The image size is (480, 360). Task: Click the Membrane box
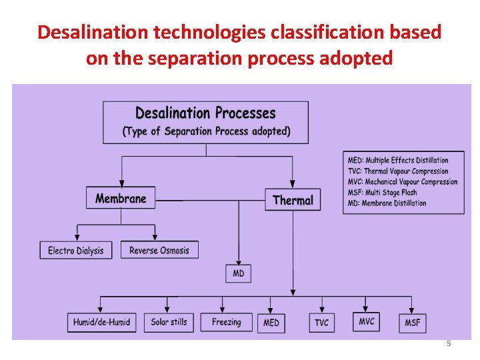[x=121, y=198]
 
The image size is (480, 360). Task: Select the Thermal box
[x=293, y=200]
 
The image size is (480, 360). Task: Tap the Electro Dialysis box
[x=76, y=251]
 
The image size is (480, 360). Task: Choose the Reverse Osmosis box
[x=159, y=251]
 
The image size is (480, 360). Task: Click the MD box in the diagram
[x=238, y=273]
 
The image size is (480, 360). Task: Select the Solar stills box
[x=169, y=322]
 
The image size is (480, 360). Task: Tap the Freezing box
[x=227, y=322]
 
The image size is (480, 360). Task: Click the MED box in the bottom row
[x=271, y=323]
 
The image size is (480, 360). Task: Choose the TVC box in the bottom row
[x=321, y=323]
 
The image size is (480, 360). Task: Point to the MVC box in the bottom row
[x=367, y=321]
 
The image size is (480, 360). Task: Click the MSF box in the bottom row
[x=413, y=323]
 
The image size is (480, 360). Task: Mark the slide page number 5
[x=449, y=343]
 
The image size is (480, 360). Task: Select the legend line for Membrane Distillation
[x=387, y=203]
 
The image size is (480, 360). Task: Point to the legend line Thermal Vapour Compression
[x=397, y=171]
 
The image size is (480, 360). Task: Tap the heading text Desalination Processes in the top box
[x=205, y=113]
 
